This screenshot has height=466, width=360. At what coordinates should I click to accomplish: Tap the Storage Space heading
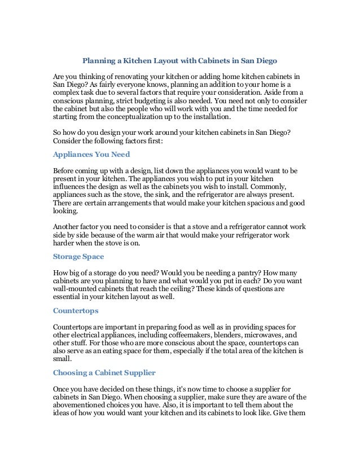point(78,256)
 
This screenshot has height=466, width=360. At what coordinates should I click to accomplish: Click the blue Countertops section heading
point(75,310)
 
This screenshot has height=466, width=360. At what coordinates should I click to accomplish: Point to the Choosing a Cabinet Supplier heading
point(104,372)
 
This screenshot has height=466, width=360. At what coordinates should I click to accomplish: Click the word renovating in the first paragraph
point(125,76)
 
